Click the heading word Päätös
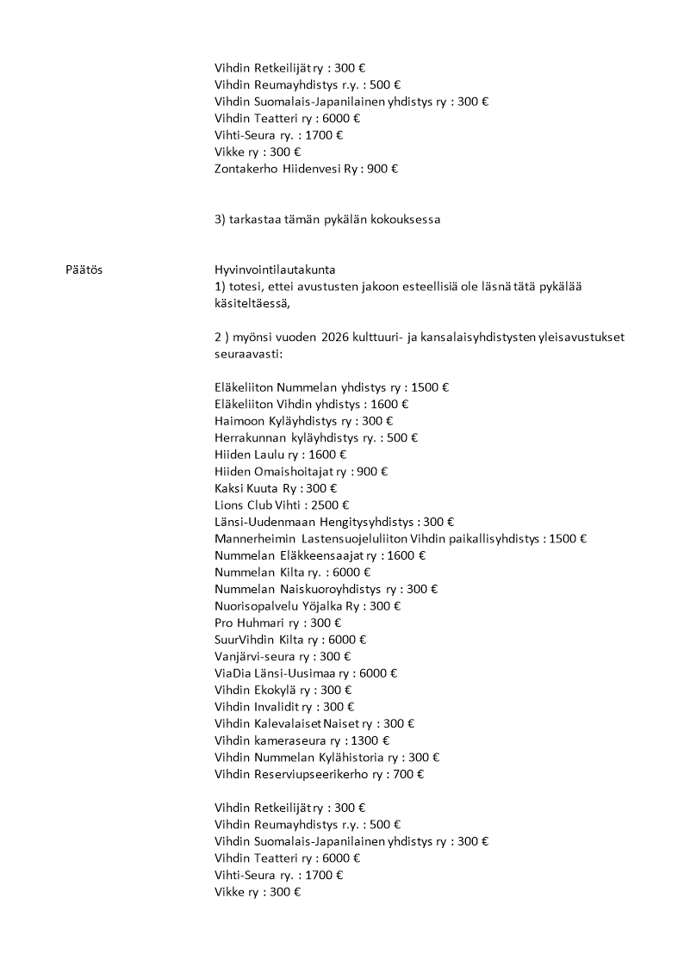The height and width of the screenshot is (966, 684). tap(84, 269)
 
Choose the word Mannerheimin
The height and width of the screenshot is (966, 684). tap(255, 538)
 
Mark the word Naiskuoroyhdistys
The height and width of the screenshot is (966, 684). tap(331, 589)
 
